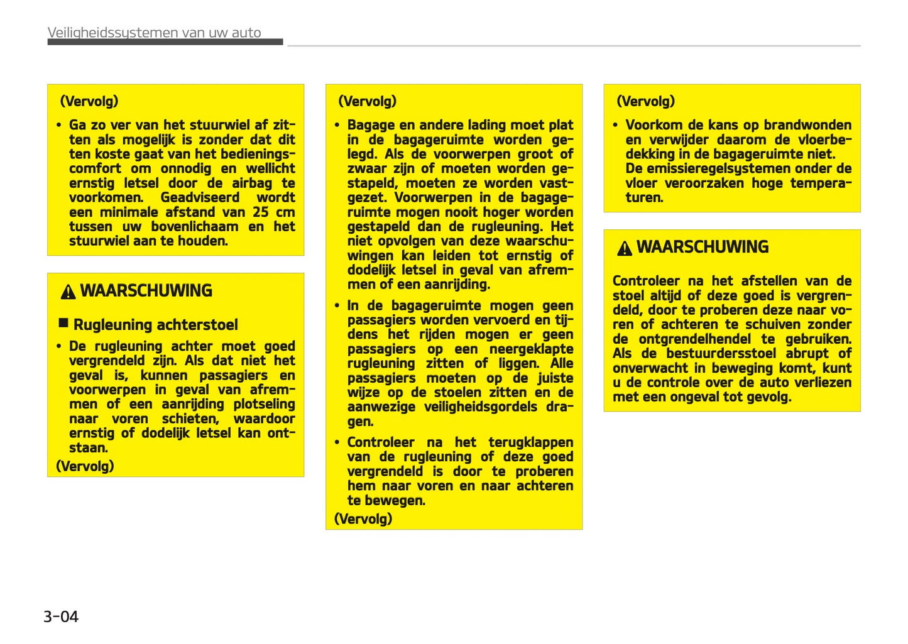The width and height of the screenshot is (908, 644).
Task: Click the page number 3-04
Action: click(x=61, y=616)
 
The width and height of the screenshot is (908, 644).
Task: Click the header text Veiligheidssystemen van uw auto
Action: click(x=154, y=33)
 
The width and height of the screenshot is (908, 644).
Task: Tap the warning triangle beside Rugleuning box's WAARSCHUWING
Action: click(x=68, y=292)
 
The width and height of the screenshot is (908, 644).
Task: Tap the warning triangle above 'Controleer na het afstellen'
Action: click(x=624, y=249)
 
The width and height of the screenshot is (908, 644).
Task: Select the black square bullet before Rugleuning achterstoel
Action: click(x=63, y=323)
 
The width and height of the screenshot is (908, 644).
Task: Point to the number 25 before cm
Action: click(x=261, y=212)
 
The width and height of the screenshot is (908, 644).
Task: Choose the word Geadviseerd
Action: click(x=200, y=198)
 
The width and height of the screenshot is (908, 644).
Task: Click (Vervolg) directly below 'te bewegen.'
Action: click(x=363, y=519)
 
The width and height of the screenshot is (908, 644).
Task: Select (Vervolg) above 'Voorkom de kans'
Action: click(x=645, y=101)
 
